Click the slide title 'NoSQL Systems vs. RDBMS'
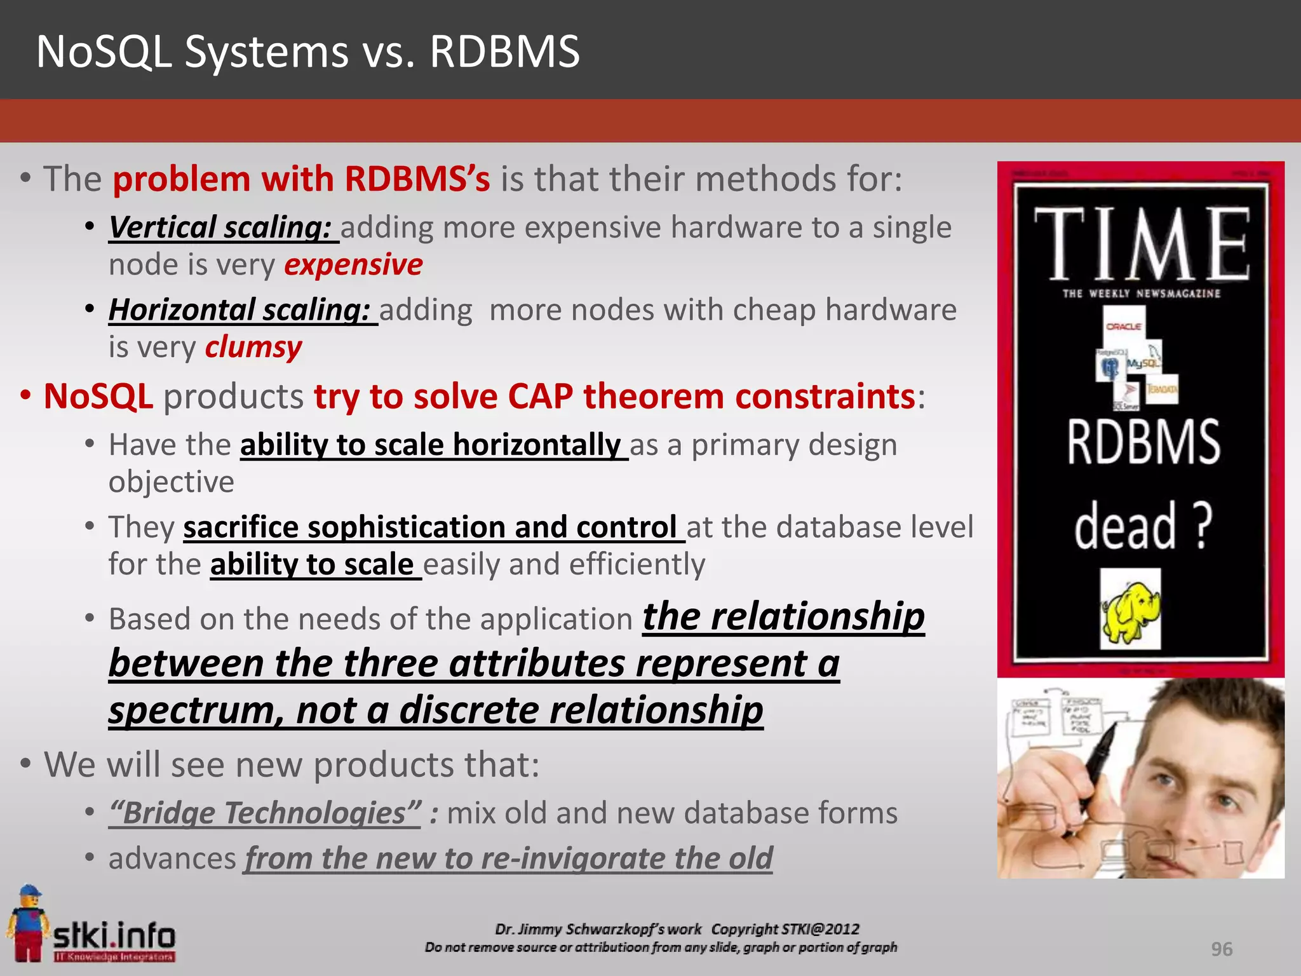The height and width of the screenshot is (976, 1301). (308, 51)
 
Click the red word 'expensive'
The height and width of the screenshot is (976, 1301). (353, 264)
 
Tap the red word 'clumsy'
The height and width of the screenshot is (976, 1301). (253, 347)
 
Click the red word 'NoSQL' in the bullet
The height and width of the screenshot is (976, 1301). (98, 396)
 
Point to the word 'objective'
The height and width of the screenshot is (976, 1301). (172, 482)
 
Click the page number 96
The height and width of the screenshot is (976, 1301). (1222, 949)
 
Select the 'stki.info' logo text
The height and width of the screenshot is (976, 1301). (114, 936)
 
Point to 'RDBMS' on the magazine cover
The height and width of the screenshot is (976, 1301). (1143, 442)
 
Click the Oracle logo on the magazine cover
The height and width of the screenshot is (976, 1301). (1124, 326)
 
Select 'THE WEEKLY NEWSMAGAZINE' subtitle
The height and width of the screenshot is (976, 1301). (1142, 294)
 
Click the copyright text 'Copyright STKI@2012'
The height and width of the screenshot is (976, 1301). (785, 929)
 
